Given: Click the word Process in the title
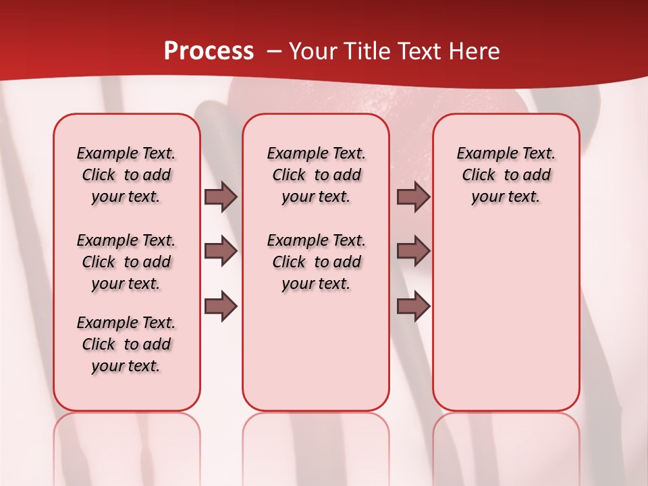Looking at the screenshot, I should pos(209,51).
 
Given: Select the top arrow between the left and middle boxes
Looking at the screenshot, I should pos(221,196).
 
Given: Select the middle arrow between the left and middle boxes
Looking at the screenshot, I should pos(221,251).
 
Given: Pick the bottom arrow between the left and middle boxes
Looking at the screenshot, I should pos(221,306).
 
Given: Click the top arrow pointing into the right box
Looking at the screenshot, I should pos(413,196).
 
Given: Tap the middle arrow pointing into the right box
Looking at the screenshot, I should pos(413,251).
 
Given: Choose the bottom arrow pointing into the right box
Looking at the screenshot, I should pos(413,306).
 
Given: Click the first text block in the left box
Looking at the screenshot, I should pos(126,175).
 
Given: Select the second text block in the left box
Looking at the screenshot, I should pos(126,262).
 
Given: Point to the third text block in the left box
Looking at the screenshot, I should pos(126,344).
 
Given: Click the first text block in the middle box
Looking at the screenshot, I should pos(316,175).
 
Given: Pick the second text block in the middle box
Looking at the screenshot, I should pos(316,262).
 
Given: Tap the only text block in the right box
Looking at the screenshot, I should pos(506,175).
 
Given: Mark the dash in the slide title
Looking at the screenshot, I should pos(274,51).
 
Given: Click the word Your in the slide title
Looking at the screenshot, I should pos(313,51).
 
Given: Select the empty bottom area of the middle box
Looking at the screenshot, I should pos(316,358).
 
